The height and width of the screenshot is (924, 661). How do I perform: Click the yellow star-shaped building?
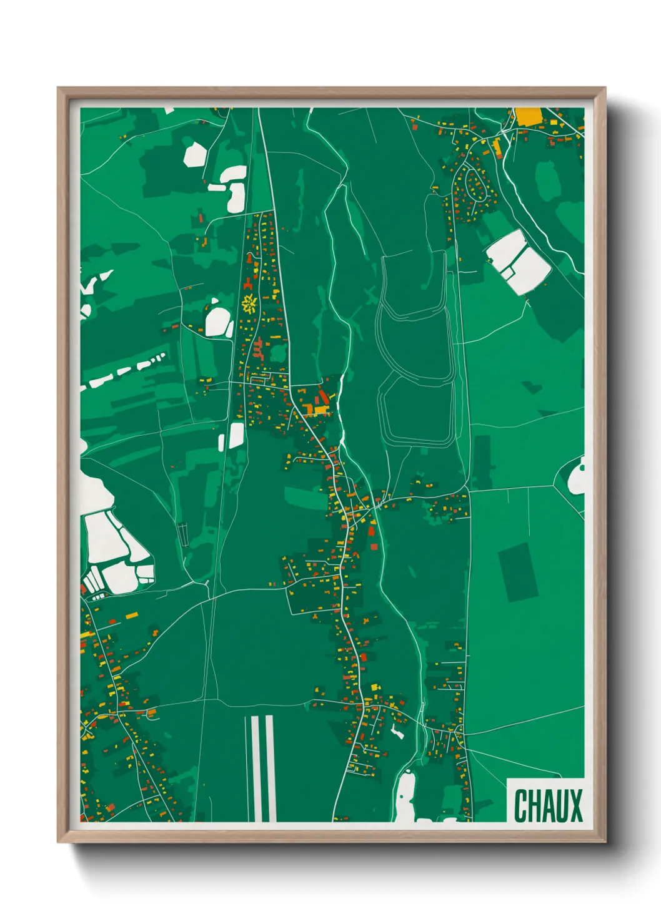(x=250, y=304)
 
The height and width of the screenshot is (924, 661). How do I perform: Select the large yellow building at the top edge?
(x=528, y=116)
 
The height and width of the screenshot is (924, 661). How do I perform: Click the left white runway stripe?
(x=255, y=768)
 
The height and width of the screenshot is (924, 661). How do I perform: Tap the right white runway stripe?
(x=271, y=768)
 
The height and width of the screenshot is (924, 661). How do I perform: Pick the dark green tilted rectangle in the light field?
(x=519, y=572)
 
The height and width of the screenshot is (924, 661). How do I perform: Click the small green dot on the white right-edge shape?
(x=582, y=467)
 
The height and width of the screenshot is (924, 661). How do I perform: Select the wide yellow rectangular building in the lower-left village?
(x=132, y=616)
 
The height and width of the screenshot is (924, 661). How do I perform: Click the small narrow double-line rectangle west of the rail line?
(x=183, y=534)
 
